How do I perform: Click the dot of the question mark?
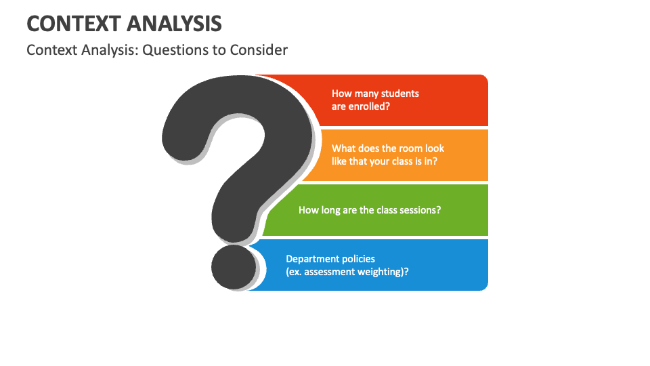234,266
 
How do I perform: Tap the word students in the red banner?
400,94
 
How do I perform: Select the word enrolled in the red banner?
370,106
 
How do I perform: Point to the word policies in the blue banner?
358,259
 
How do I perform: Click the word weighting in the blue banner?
385,272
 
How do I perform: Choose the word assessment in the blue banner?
330,272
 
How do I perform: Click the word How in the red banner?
341,94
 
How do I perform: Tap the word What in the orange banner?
344,148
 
